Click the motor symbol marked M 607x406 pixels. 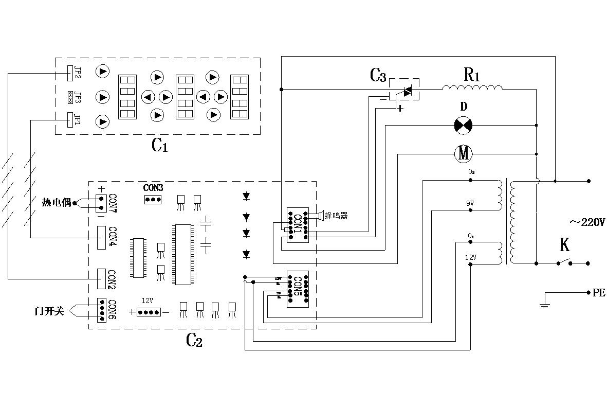tap(464, 153)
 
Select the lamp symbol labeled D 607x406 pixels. tap(464, 125)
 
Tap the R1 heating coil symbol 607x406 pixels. tap(472, 89)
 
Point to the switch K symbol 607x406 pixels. tap(564, 261)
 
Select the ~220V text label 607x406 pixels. tap(587, 222)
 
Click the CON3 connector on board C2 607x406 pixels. tap(153, 199)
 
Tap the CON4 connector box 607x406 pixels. tap(102, 237)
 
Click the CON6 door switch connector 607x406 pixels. tap(102, 310)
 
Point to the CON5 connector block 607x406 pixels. tap(298, 289)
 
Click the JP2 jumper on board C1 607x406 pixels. tap(70, 73)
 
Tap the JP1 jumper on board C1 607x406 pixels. tap(70, 119)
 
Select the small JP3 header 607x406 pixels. tap(70, 96)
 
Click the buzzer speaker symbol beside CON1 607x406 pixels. tap(320, 215)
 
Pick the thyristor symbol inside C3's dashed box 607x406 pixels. tap(407, 92)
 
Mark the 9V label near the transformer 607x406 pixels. tap(470, 203)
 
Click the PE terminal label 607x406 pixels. tap(599, 292)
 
